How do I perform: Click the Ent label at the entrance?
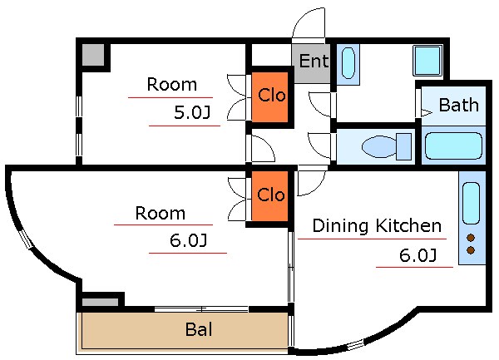(314, 61)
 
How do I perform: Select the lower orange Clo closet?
(269, 196)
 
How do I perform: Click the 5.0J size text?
(192, 112)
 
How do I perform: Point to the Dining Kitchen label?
(377, 226)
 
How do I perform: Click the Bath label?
(458, 105)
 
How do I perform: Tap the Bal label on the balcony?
(199, 329)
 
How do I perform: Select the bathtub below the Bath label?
(453, 145)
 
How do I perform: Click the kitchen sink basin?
(471, 204)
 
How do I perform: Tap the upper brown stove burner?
(471, 238)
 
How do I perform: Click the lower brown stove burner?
(471, 250)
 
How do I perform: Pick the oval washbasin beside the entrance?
(348, 63)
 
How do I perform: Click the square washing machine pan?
(427, 61)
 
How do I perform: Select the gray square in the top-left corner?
(93, 55)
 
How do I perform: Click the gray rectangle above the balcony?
(101, 302)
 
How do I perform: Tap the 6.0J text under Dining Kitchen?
(417, 255)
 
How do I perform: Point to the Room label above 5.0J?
(172, 84)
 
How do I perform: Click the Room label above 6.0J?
(160, 213)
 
